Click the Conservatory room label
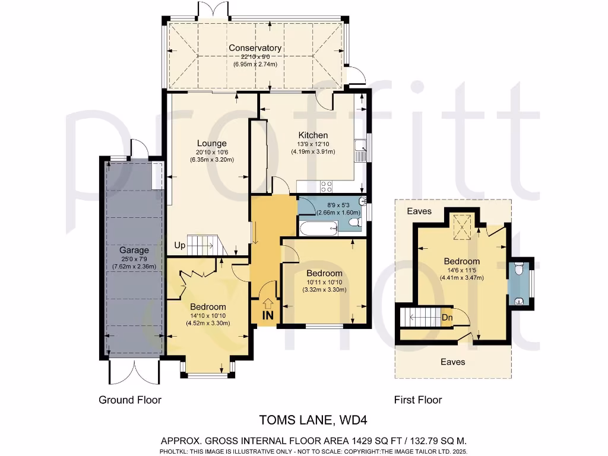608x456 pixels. (x=255, y=48)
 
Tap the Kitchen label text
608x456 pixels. (x=313, y=135)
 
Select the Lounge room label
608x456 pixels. (x=212, y=143)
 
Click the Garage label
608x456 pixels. (x=134, y=250)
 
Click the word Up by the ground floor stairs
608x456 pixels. (x=180, y=245)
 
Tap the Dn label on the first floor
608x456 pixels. (x=448, y=317)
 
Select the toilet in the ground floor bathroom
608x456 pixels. (x=354, y=223)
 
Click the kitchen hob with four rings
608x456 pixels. (x=327, y=186)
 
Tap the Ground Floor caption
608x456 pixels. (x=130, y=400)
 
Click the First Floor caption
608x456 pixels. (x=418, y=400)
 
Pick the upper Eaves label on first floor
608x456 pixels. (x=419, y=211)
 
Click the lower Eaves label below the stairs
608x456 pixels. (x=452, y=361)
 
